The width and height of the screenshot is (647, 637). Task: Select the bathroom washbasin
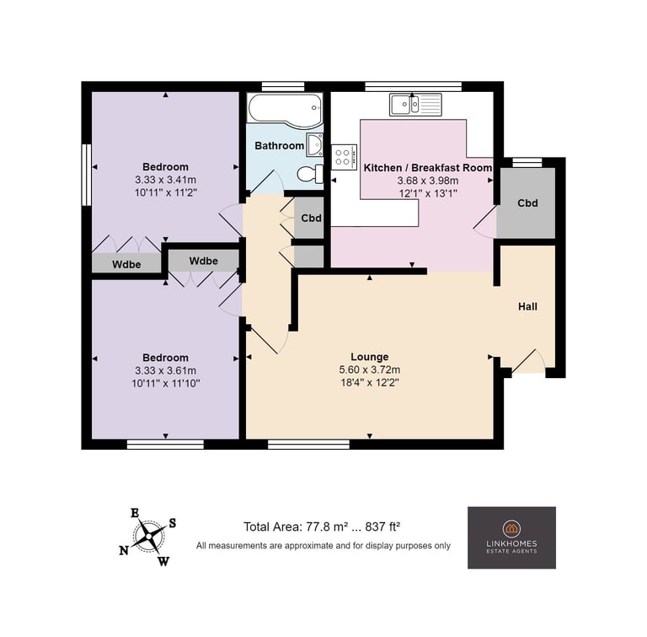click(314, 144)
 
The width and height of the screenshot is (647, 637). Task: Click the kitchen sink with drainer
click(415, 105)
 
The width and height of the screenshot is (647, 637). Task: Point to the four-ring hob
click(344, 157)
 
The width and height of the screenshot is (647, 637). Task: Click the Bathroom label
click(280, 145)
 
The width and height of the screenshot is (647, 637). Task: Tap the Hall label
click(527, 306)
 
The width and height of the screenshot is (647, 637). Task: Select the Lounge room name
click(370, 357)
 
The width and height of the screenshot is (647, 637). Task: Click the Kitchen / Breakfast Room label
click(427, 168)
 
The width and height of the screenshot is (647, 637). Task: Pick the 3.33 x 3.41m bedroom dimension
click(165, 180)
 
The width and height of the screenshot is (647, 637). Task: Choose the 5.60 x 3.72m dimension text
click(370, 370)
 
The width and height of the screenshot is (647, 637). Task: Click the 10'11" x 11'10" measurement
click(165, 384)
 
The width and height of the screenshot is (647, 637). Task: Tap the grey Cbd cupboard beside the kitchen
click(526, 203)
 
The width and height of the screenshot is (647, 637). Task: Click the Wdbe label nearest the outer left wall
click(126, 265)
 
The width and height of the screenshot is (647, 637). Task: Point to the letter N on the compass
click(124, 551)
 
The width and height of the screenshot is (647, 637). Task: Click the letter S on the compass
click(173, 523)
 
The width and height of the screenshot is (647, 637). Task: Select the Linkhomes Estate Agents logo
click(511, 537)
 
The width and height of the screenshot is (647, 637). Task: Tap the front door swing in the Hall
click(528, 361)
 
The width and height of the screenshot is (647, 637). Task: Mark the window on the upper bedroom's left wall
click(86, 175)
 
